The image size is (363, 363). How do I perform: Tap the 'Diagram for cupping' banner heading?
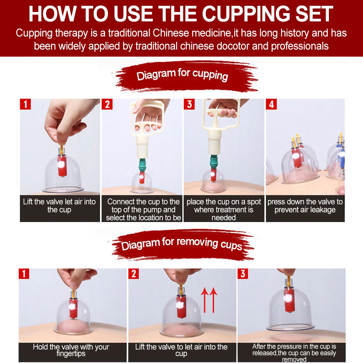point(183,74)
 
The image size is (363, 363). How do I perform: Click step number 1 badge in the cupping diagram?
point(25,104)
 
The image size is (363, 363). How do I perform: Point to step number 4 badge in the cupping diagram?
point(271,104)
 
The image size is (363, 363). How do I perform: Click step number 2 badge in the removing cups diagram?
point(134,274)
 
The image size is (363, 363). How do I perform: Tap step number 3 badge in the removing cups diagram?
point(243,274)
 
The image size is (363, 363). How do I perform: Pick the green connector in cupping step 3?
point(214,162)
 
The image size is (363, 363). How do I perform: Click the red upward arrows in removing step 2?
point(209,300)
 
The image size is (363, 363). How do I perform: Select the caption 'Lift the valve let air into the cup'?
point(59,205)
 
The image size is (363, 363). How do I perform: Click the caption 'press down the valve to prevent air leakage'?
point(305,205)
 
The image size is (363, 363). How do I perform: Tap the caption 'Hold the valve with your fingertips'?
point(71,350)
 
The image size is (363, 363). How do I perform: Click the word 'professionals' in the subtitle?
point(300,46)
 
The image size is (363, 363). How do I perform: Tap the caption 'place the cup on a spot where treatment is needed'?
point(224,209)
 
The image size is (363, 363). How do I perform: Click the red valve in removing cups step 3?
point(289,301)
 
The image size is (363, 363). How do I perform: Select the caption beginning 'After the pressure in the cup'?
point(294,353)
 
